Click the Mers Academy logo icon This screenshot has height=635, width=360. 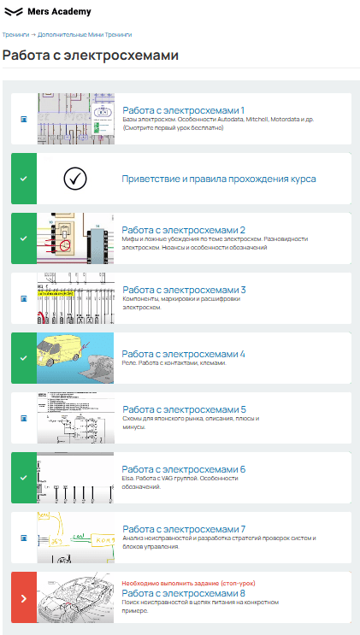coord(14,12)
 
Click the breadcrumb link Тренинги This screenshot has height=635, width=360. coord(15,35)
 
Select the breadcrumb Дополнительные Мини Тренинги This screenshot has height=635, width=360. coord(85,35)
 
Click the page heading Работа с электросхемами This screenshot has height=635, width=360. coord(91,56)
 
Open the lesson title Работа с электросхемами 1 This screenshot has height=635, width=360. coord(184,110)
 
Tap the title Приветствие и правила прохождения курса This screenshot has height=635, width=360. coord(219,179)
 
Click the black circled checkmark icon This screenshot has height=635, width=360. coord(75,178)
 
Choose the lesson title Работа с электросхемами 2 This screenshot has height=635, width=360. coord(184,230)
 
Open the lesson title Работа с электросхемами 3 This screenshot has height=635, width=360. coord(185,290)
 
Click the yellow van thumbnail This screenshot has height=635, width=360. coord(75,358)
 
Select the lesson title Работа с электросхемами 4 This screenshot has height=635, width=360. coord(184,354)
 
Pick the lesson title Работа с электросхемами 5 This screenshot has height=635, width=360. coord(185,409)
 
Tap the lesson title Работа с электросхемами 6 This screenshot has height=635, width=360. coord(184,469)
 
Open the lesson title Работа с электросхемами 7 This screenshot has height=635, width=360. coord(185,529)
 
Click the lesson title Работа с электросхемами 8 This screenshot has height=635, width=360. coord(184,594)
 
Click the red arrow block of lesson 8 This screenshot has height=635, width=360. coord(24,597)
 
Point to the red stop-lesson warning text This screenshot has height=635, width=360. coord(188,584)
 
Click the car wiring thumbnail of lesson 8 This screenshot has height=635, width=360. coord(75,597)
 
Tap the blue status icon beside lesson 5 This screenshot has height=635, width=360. coord(24,418)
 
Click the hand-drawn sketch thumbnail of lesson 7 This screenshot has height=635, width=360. coord(76,538)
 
